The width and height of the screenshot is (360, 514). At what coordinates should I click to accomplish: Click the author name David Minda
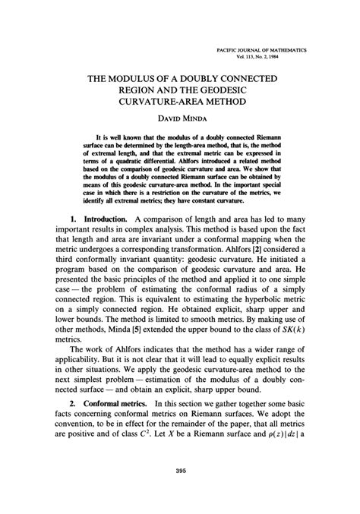pos(180,121)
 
